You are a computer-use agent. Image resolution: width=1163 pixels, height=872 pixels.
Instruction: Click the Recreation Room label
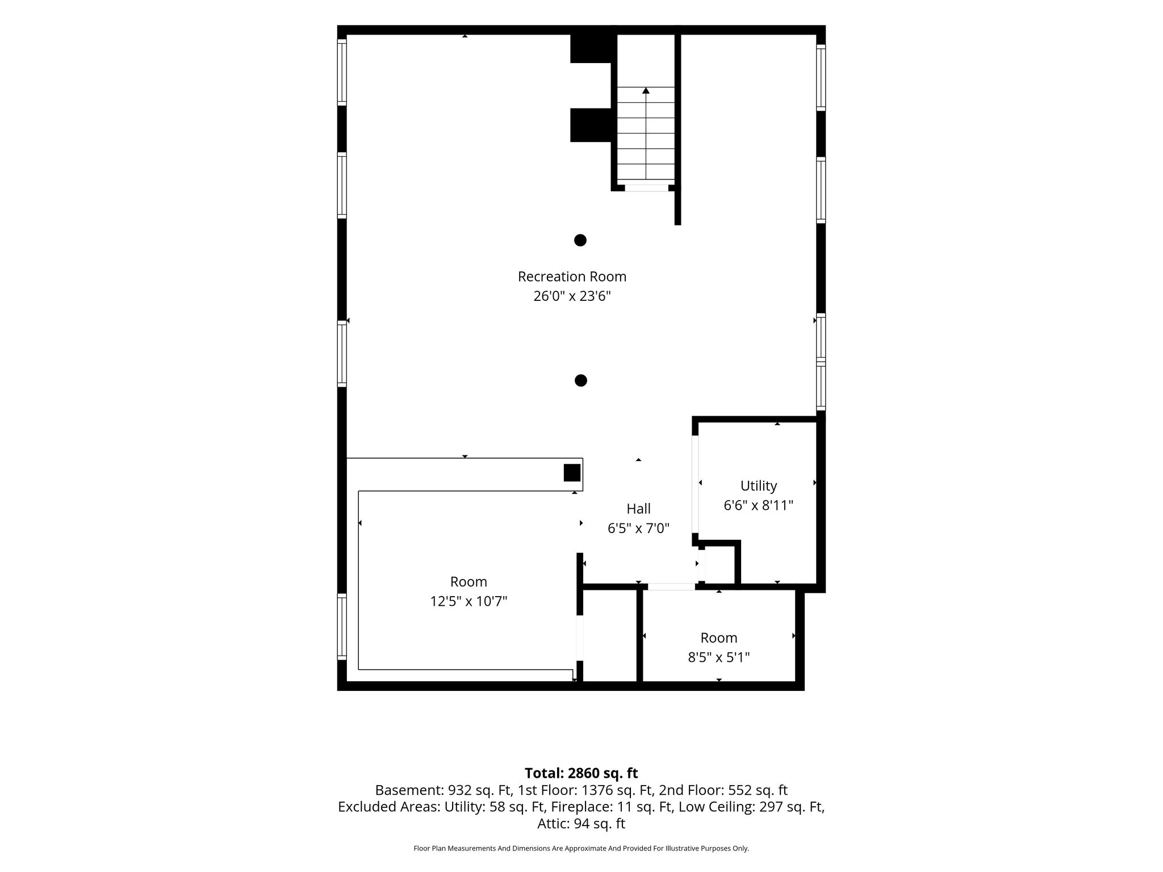[x=572, y=276]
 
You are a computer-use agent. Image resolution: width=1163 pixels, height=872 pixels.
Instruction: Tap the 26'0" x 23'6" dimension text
[x=572, y=296]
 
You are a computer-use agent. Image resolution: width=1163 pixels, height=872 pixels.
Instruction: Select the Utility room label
[x=758, y=486]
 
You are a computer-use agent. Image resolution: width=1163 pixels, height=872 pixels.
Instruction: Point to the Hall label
[x=638, y=509]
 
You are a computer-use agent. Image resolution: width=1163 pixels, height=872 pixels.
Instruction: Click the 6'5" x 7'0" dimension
[x=638, y=529]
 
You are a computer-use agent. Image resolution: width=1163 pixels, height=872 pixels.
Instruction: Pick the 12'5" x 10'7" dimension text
[x=468, y=601]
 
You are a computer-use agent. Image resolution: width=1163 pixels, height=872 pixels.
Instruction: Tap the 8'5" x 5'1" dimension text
[x=719, y=657]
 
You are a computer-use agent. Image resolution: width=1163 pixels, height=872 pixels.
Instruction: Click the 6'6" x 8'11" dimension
[x=758, y=505]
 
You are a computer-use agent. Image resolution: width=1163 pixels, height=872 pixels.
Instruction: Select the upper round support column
[x=580, y=240]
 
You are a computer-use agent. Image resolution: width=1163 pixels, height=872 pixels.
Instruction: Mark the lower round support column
[x=580, y=380]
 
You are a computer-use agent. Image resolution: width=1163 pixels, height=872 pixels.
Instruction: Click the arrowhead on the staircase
[x=646, y=90]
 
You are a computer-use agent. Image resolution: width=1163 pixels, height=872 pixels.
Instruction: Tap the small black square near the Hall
[x=572, y=473]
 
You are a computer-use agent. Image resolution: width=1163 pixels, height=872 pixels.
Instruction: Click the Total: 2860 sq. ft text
[x=581, y=773]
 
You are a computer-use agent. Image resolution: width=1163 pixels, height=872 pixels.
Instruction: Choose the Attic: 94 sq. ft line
[x=581, y=824]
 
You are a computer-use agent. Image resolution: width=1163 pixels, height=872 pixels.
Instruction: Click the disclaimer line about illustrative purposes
[x=581, y=849]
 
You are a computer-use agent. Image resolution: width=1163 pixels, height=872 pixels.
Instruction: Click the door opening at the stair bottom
[x=646, y=188]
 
